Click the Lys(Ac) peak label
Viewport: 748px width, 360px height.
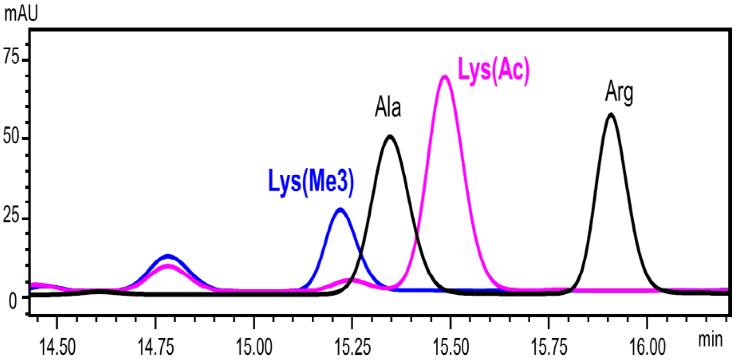point(493,71)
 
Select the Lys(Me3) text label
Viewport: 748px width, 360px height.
point(311,181)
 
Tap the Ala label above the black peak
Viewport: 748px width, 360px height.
point(388,108)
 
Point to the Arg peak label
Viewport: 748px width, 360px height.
point(619,93)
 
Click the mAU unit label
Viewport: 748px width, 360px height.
point(21,13)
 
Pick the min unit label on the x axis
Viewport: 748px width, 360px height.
point(710,339)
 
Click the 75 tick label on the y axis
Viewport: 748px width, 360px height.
point(11,57)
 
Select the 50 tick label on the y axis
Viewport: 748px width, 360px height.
point(11,137)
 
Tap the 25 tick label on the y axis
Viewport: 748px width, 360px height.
point(11,216)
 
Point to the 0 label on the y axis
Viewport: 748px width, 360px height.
point(13,301)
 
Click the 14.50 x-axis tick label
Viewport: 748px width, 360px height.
point(57,348)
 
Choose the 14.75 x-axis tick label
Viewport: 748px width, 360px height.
point(156,348)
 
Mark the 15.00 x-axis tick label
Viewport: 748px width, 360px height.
point(254,348)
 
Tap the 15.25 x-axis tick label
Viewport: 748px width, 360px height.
point(352,348)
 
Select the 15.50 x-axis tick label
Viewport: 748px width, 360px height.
point(451,348)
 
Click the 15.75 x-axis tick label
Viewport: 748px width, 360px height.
point(549,348)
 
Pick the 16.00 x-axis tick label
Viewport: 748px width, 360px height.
point(647,348)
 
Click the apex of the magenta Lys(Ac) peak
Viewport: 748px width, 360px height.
point(445,77)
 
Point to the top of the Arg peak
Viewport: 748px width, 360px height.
point(611,114)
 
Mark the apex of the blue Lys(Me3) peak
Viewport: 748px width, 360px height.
point(340,209)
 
